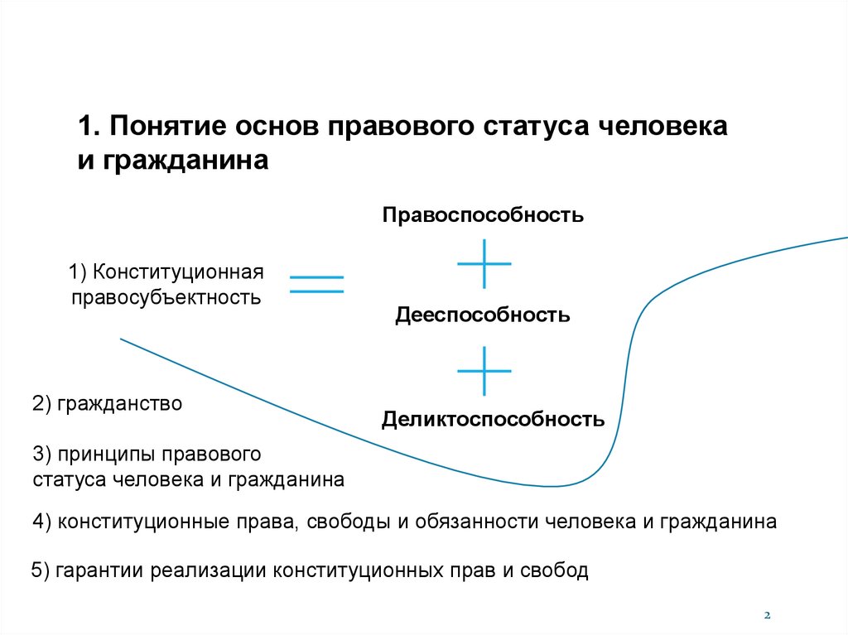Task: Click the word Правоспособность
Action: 483,215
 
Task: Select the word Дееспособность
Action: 482,315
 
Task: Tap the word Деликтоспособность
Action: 493,420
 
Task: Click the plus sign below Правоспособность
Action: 484,263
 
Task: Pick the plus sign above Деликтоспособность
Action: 484,370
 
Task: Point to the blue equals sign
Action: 316,284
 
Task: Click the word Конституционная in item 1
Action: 178,272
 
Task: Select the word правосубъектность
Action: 166,296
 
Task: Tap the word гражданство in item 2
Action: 118,405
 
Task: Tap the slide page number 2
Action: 767,615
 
